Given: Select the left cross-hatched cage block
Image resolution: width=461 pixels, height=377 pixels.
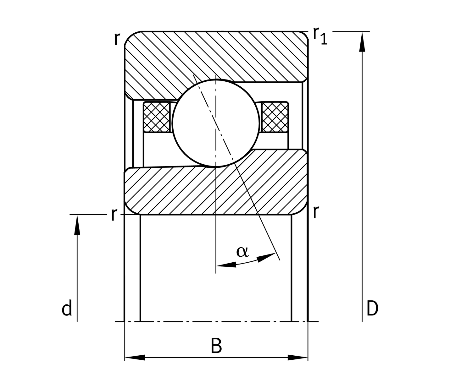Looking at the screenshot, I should (x=157, y=117).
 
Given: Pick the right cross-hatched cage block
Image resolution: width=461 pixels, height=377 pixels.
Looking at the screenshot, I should (x=275, y=117).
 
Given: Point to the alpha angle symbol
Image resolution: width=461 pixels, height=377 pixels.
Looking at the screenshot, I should (x=242, y=252).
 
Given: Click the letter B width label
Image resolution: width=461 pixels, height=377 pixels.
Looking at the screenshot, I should (x=216, y=346).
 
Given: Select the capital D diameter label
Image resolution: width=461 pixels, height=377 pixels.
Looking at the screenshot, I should (x=372, y=309).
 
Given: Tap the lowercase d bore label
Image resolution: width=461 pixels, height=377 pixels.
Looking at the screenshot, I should (x=67, y=309).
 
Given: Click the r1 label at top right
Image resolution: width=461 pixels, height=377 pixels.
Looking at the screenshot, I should (x=320, y=35).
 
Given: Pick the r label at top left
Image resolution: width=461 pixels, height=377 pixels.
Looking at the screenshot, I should (x=117, y=39).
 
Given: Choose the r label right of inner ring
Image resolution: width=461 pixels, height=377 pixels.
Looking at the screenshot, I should (x=316, y=212).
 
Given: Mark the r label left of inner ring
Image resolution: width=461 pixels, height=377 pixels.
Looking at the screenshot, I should (x=114, y=215).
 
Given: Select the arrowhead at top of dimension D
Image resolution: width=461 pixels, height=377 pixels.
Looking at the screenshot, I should (x=362, y=41).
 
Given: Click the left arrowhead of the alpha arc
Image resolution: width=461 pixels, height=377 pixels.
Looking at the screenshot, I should (x=226, y=265).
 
